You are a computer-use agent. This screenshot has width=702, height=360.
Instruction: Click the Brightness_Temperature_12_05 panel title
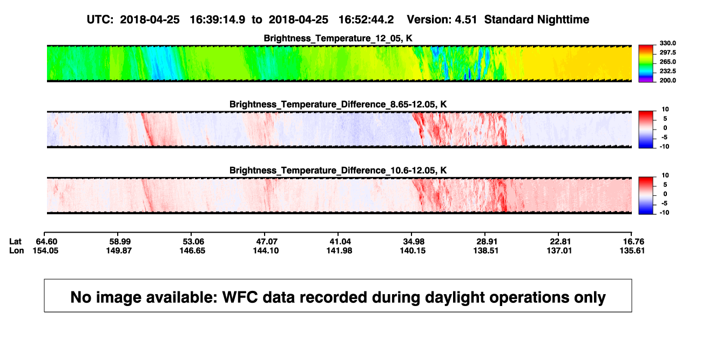[338, 38]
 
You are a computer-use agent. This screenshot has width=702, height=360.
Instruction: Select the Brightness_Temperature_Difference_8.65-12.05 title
[338, 104]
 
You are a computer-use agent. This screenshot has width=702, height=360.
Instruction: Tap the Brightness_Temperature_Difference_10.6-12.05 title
[338, 171]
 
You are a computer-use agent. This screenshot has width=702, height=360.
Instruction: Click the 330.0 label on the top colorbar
[667, 43]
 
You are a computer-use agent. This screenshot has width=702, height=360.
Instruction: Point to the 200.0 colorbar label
[667, 80]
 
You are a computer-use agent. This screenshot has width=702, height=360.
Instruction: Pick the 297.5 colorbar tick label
[667, 53]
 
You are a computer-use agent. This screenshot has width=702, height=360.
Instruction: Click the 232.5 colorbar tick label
[667, 71]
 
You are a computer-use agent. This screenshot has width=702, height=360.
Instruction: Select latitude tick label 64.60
[46, 242]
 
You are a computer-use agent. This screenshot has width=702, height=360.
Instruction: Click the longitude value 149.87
[119, 250]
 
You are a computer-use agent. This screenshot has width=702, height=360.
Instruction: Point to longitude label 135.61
[632, 250]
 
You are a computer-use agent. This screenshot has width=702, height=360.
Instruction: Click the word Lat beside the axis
[15, 242]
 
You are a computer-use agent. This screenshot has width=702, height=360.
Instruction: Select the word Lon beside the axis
[16, 250]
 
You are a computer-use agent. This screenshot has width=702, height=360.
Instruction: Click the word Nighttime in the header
[563, 20]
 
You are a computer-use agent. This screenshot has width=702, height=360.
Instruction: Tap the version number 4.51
[465, 20]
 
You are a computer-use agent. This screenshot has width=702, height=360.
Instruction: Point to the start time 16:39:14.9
[217, 20]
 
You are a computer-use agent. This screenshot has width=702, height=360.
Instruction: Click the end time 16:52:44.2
[366, 20]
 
